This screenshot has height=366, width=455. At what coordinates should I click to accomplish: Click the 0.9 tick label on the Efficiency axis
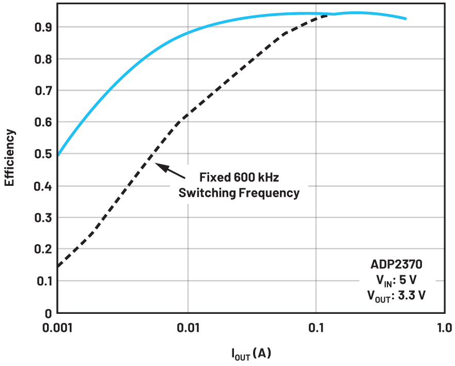[x=43, y=27]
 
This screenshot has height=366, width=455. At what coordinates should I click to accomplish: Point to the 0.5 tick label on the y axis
[x=43, y=154]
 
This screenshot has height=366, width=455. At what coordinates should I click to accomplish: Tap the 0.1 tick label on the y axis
[x=43, y=281]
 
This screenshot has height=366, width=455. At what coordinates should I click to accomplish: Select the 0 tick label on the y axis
[x=47, y=313]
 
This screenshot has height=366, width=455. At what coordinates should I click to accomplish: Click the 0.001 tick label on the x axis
[x=57, y=328]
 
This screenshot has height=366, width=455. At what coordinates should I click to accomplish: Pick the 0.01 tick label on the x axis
[x=188, y=328]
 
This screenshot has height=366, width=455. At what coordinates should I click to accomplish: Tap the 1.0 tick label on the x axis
[x=444, y=328]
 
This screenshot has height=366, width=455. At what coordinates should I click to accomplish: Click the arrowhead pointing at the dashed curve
[x=158, y=166]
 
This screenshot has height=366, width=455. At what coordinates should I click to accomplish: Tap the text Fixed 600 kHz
[x=239, y=178]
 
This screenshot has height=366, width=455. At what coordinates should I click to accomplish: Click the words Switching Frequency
[x=239, y=193]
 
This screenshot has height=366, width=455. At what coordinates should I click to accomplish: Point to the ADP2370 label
[x=397, y=265]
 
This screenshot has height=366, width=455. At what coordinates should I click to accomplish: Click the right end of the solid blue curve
[x=406, y=19]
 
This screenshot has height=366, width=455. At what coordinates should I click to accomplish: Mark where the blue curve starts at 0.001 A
[x=58, y=154]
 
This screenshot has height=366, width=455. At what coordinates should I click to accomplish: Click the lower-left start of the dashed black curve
[x=58, y=266]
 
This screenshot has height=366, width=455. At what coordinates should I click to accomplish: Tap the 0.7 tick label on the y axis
[x=43, y=90]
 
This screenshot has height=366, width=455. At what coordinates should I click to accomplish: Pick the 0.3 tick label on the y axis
[x=43, y=218]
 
